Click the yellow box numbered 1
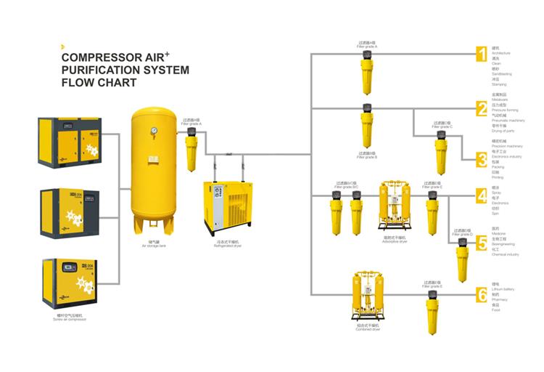pyautogui.click(x=482, y=53)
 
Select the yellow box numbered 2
pyautogui.click(x=482, y=108)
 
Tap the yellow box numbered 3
pyautogui.click(x=482, y=159)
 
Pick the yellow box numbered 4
pyautogui.click(x=482, y=195)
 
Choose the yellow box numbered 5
pyautogui.click(x=482, y=242)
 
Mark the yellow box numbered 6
pyautogui.click(x=482, y=295)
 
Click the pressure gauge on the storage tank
pyautogui.click(x=153, y=131)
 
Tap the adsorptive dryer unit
pyautogui.click(x=395, y=208)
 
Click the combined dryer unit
pyautogui.click(x=367, y=297)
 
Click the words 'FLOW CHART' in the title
pyautogui.click(x=99, y=83)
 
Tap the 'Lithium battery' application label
pyautogui.click(x=503, y=289)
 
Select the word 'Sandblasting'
pyautogui.click(x=502, y=73)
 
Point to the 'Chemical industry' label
pyautogui.click(x=506, y=254)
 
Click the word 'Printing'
pyautogui.click(x=498, y=177)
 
